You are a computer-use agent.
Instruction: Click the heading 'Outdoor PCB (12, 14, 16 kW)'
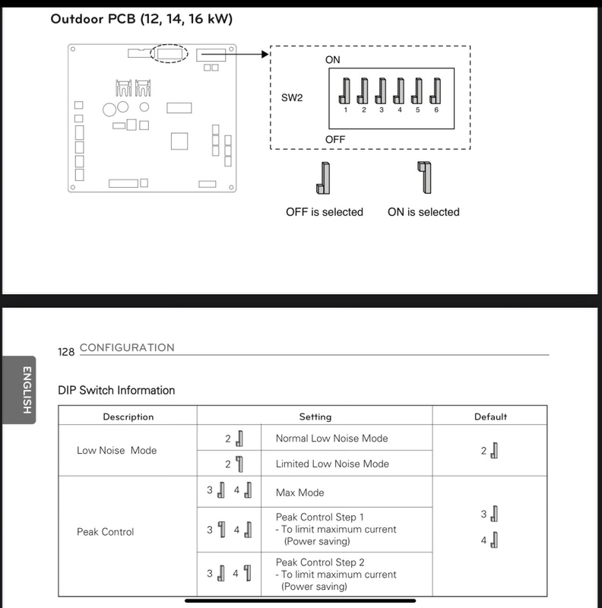pyautogui.click(x=141, y=18)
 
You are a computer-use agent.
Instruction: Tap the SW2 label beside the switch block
pyautogui.click(x=293, y=98)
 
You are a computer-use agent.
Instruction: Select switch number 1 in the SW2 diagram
pyautogui.click(x=344, y=92)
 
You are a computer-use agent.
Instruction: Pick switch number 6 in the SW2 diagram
pyautogui.click(x=436, y=92)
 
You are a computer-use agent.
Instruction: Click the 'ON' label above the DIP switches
pyautogui.click(x=333, y=59)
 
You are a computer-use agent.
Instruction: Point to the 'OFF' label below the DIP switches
pyautogui.click(x=335, y=140)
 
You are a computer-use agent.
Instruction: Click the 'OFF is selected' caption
pyautogui.click(x=325, y=212)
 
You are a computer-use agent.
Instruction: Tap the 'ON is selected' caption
pyautogui.click(x=423, y=212)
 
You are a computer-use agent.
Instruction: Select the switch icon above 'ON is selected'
pyautogui.click(x=423, y=177)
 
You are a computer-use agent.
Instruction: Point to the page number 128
pyautogui.click(x=66, y=352)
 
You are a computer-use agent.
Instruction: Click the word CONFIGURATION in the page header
pyautogui.click(x=127, y=347)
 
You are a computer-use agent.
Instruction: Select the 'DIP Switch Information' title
pyautogui.click(x=116, y=390)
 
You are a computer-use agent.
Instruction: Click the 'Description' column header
pyautogui.click(x=128, y=416)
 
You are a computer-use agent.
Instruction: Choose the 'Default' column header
pyautogui.click(x=490, y=416)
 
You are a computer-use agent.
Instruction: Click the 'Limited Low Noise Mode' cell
pyautogui.click(x=332, y=464)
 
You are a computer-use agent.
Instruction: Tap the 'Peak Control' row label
pyautogui.click(x=105, y=532)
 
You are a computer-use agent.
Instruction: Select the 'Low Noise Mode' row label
pyautogui.click(x=116, y=451)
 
